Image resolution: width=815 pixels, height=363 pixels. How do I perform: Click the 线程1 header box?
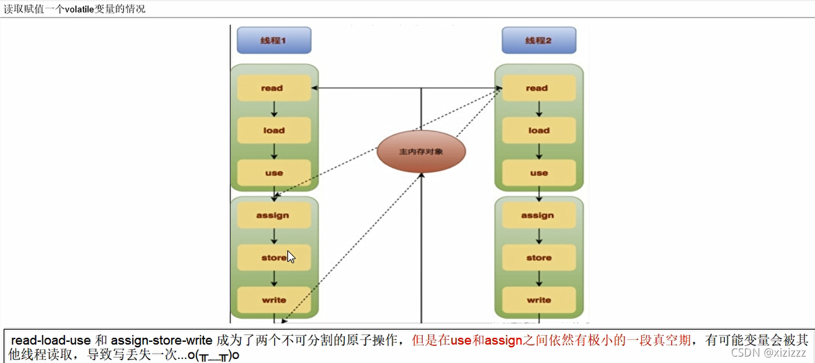tap(274, 40)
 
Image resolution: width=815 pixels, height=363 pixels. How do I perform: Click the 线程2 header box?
tap(538, 40)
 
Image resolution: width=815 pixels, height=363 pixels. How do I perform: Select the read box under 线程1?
tap(274, 88)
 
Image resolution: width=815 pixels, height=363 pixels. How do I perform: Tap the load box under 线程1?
tap(274, 130)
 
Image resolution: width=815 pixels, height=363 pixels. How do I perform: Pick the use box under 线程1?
tap(274, 172)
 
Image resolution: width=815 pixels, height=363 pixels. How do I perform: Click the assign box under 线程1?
tap(274, 215)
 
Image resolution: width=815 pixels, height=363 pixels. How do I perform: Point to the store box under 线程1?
tap(274, 258)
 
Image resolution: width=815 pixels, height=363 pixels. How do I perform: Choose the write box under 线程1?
tap(274, 300)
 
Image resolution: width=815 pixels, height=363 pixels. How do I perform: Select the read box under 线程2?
tap(538, 88)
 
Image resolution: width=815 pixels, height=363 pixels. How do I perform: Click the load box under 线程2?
tap(538, 130)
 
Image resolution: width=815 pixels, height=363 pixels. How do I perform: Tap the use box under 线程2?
tap(538, 172)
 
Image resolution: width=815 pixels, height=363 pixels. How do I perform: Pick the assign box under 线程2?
tap(538, 215)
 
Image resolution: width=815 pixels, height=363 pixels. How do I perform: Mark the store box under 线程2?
tap(538, 258)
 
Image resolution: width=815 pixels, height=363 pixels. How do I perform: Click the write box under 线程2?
tap(538, 300)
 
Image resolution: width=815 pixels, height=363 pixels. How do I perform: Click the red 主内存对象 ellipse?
tap(421, 151)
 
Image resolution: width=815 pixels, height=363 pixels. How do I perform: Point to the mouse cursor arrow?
tap(291, 257)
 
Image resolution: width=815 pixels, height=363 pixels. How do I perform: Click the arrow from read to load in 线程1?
tap(274, 109)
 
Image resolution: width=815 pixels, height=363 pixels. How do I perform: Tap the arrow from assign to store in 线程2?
tap(539, 236)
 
